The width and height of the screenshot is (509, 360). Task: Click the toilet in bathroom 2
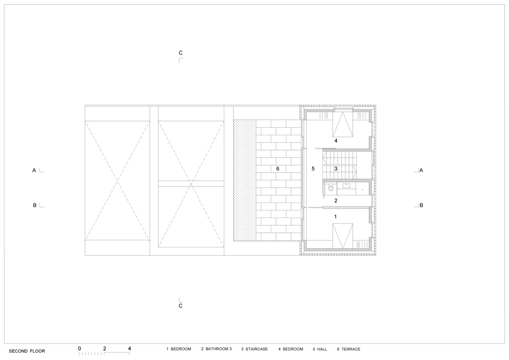click(x=331, y=189)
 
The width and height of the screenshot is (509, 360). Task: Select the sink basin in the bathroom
click(x=346, y=186)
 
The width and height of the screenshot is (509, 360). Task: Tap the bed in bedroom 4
click(x=343, y=125)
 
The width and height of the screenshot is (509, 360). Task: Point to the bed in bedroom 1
click(x=343, y=236)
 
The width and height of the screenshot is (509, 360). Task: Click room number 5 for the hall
click(x=313, y=169)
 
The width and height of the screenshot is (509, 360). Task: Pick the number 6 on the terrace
click(x=278, y=169)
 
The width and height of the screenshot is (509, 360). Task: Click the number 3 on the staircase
click(x=336, y=169)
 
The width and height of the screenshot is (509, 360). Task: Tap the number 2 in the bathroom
click(x=336, y=200)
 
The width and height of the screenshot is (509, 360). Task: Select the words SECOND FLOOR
click(x=27, y=351)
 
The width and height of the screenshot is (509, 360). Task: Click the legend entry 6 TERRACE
click(x=349, y=349)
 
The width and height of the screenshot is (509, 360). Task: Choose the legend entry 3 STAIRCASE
click(x=254, y=349)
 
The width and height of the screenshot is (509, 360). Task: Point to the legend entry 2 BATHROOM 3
click(x=216, y=349)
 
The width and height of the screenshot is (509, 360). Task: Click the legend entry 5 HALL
click(x=320, y=349)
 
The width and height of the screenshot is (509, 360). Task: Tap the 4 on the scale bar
click(x=130, y=348)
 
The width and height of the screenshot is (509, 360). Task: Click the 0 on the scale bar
click(x=80, y=348)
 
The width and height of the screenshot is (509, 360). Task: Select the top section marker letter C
click(x=181, y=53)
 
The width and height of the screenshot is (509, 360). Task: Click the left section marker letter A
click(x=34, y=170)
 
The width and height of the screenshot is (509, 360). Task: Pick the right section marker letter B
click(x=421, y=205)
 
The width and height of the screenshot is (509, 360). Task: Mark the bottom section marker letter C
click(x=181, y=306)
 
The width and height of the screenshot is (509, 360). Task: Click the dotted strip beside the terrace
click(x=245, y=180)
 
